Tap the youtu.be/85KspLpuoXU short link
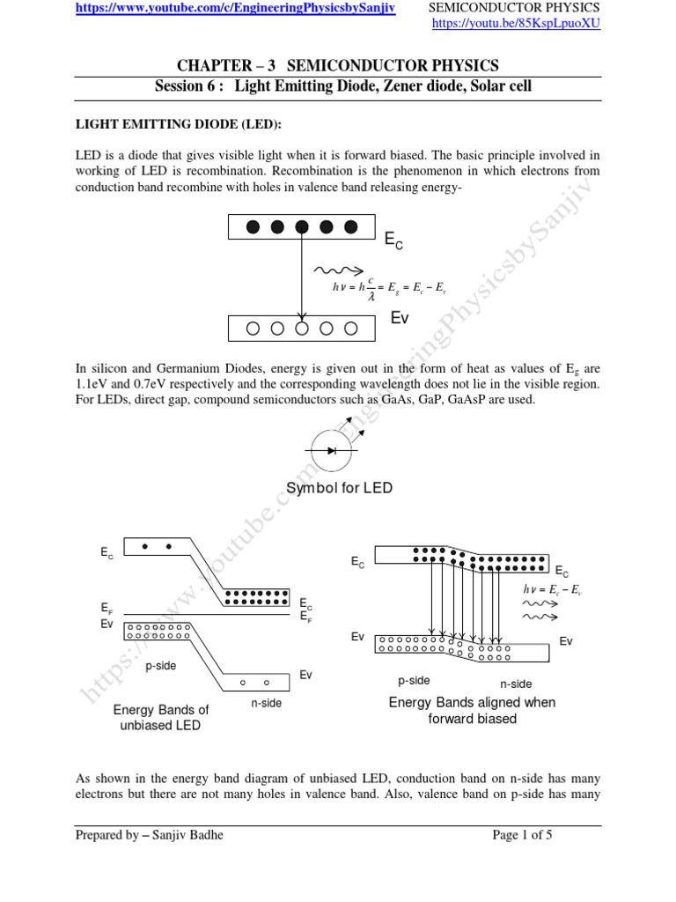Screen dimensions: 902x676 [516, 24]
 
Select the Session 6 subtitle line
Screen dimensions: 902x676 [343, 86]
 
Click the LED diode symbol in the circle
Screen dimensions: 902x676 [332, 450]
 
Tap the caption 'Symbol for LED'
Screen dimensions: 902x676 [340, 488]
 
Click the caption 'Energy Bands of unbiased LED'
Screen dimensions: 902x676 [161, 717]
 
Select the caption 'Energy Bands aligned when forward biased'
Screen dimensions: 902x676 [472, 710]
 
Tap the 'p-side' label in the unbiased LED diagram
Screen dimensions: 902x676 [161, 666]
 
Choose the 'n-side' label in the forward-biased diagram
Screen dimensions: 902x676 [516, 683]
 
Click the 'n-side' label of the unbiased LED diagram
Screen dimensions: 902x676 [266, 703]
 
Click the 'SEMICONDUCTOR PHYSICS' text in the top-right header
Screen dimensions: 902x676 [513, 8]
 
